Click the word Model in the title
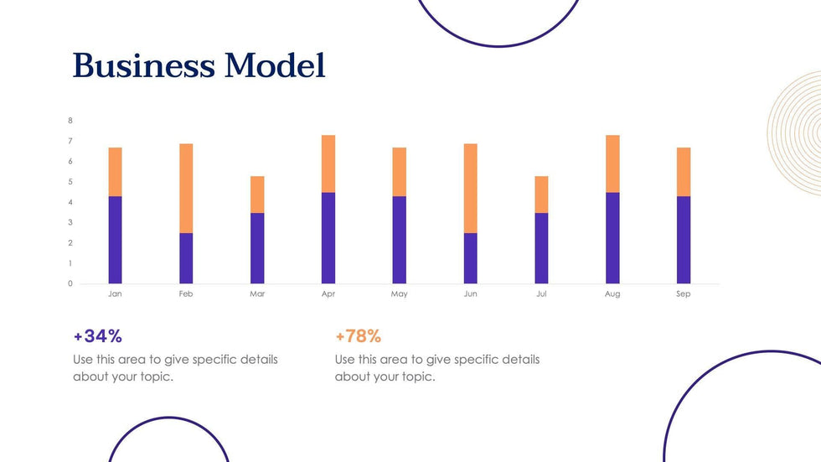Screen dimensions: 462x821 coord(275,65)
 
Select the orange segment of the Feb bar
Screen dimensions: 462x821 coord(186,188)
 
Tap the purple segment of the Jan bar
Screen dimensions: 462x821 coord(115,240)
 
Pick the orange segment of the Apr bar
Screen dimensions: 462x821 coord(328,164)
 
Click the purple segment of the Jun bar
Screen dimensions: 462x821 coord(471,258)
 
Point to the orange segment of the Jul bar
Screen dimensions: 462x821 coord(541,195)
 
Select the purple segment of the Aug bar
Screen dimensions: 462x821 coord(612,238)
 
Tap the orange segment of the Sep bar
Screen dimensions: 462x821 coord(684,172)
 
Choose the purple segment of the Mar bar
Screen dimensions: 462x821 coord(257,248)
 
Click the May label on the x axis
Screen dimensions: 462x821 coord(400,294)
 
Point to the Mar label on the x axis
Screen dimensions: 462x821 coord(257,294)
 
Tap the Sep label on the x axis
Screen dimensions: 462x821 coord(684,294)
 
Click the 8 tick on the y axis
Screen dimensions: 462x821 coord(70,121)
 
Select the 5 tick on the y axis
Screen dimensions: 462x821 coord(70,182)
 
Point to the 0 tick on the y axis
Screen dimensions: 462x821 coord(70,283)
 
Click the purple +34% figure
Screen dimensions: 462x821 coord(98,336)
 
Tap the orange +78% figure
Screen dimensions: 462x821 coord(359,336)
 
